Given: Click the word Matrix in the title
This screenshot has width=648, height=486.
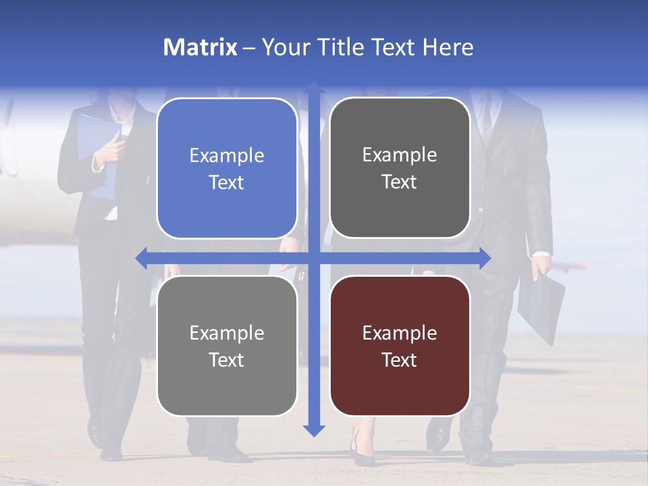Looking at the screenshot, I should pyautogui.click(x=200, y=47).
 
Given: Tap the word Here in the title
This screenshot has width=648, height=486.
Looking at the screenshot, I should pyautogui.click(x=448, y=47).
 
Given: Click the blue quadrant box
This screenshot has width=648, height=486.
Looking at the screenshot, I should pyautogui.click(x=227, y=168).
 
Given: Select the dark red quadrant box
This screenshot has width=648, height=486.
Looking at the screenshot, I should pyautogui.click(x=400, y=346).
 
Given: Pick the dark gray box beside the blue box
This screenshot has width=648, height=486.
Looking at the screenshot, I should pyautogui.click(x=400, y=167).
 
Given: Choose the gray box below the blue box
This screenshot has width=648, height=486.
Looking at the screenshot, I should pyautogui.click(x=227, y=346).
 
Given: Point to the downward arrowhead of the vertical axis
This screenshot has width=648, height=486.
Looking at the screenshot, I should pyautogui.click(x=313, y=430).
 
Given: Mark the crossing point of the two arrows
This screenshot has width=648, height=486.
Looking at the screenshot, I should pyautogui.click(x=313, y=258).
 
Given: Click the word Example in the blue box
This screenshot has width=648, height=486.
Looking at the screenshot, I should pyautogui.click(x=227, y=156).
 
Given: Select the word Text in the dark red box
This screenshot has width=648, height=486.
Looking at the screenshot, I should pyautogui.click(x=400, y=360).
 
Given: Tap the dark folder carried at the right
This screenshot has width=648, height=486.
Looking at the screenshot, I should pyautogui.click(x=541, y=307).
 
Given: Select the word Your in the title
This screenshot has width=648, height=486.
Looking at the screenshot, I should pyautogui.click(x=283, y=47).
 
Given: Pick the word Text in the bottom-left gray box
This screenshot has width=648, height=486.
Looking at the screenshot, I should pyautogui.click(x=227, y=360).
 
